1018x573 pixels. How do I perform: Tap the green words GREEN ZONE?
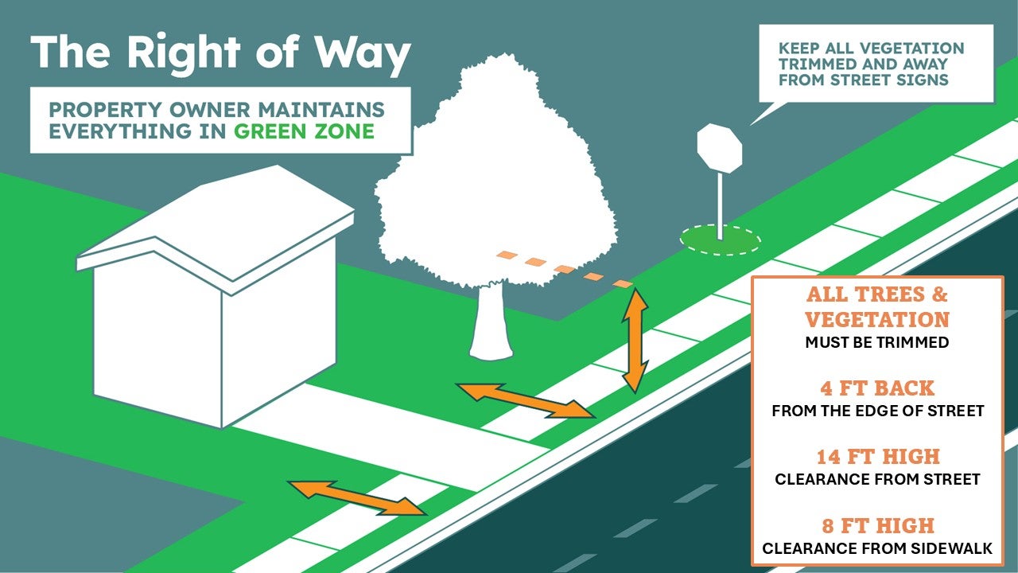pos(304,131)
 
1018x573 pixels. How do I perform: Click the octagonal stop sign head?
pos(720,148)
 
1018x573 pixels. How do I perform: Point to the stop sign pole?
pos(720,206)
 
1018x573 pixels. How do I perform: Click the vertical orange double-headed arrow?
pos(635,340)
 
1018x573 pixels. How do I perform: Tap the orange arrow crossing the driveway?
pos(357,498)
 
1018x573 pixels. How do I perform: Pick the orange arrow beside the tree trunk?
pos(526,400)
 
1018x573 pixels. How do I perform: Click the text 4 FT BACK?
pos(877,388)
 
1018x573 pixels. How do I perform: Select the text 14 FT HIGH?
pos(878,457)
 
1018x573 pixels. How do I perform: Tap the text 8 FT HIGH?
pos(878,526)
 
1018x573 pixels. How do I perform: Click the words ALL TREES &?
pos(877,294)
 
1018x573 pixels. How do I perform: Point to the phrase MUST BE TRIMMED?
pos(877,342)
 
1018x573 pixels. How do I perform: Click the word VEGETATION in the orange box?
pos(877,319)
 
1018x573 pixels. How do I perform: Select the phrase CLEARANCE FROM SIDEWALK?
pos(877,548)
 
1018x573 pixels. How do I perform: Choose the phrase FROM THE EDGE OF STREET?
pos(877,411)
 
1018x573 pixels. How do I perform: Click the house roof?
pos(216,223)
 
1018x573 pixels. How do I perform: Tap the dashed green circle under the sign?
pos(721,240)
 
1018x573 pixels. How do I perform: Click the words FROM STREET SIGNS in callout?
pos(864,80)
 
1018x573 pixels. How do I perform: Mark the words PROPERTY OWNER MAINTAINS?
pos(217,110)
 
